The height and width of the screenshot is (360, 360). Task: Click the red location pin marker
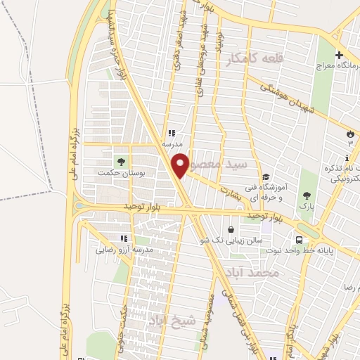coord(181,164)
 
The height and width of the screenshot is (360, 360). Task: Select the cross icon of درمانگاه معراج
coord(338,56)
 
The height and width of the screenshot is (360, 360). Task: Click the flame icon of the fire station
coord(349,132)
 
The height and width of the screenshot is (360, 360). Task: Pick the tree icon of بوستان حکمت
coord(118,160)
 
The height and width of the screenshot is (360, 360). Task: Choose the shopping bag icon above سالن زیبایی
coord(231,229)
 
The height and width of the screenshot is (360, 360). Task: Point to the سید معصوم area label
coord(229,164)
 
